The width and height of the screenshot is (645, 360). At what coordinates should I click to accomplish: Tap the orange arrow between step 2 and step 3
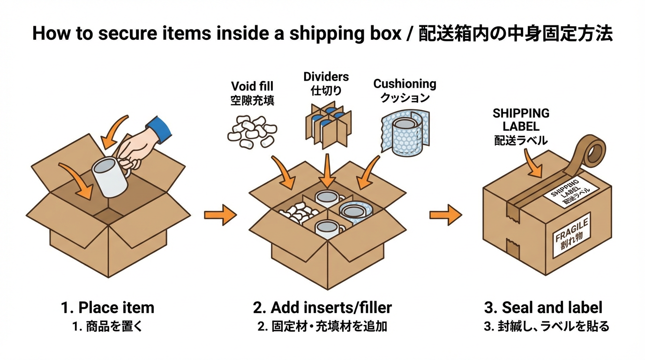tap(445, 215)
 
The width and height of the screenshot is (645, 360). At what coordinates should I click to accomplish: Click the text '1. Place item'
tap(107, 308)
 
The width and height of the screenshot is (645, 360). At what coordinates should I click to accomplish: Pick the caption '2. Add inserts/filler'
tap(322, 308)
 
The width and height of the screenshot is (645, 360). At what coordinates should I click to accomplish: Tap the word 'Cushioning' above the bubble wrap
tap(405, 84)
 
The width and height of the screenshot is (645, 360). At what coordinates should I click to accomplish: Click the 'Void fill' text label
tap(252, 86)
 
